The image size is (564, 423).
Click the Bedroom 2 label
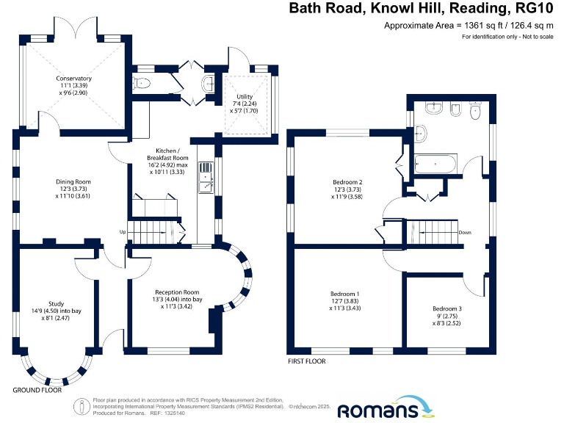pyautogui.click(x=347, y=187)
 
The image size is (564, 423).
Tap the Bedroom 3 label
pyautogui.click(x=447, y=314)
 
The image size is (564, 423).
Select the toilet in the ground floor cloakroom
pyautogui.click(x=141, y=83)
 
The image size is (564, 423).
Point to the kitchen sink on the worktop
pyautogui.click(x=203, y=181)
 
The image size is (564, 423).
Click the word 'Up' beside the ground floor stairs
pyautogui.click(x=123, y=232)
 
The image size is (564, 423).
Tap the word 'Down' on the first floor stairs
pyautogui.click(x=464, y=232)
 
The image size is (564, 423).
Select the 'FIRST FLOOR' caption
pyautogui.click(x=308, y=361)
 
